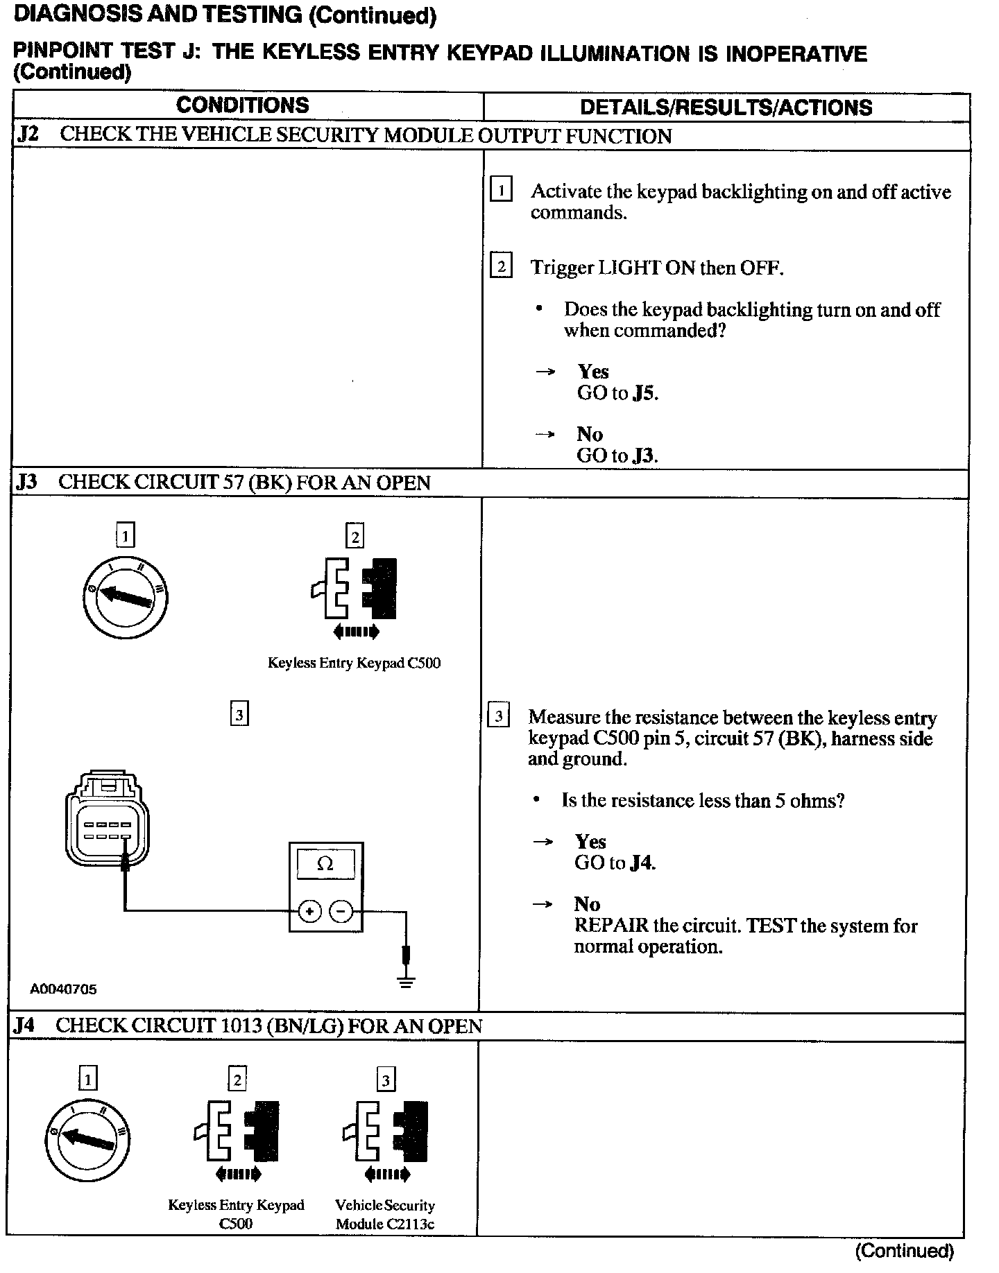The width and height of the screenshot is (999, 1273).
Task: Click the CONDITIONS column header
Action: coord(242,105)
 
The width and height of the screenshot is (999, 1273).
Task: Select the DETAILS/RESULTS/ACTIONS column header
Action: coord(726,107)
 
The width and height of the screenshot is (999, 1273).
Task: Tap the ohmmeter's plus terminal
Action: coord(309,911)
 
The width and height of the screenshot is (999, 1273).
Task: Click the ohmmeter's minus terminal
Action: coord(341,911)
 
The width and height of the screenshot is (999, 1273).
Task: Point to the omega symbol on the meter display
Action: coord(325,864)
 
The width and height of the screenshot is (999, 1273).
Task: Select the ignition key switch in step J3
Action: coord(126,596)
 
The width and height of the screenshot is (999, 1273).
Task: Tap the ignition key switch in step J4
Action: coord(87,1140)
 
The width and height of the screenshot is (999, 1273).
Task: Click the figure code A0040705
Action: coord(63,989)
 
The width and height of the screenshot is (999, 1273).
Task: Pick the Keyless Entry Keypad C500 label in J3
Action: coord(354,663)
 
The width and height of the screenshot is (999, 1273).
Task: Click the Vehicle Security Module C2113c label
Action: coord(385,1214)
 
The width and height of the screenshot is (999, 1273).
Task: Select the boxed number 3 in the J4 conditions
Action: coord(386,1080)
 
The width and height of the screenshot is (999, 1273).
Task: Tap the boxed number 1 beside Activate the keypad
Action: coord(501,189)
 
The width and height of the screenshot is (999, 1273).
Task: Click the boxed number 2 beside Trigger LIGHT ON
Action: coord(501,266)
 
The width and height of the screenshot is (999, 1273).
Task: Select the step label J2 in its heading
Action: coord(28,135)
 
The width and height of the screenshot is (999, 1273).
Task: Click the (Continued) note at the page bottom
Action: coord(904,1252)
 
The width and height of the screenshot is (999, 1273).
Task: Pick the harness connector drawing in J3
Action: coord(108,818)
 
